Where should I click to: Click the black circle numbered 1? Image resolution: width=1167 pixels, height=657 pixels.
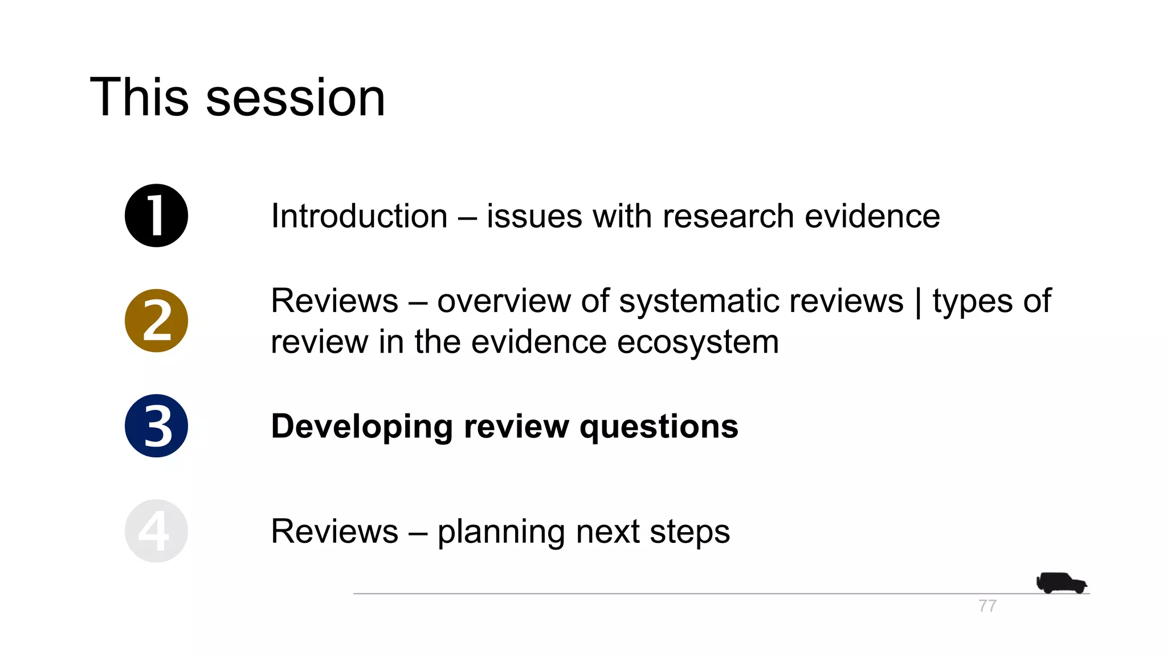pyautogui.click(x=156, y=216)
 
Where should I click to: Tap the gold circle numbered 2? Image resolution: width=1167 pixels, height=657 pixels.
pyautogui.click(x=156, y=321)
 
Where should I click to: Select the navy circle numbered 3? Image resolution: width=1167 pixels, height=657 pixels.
pyautogui.click(x=156, y=425)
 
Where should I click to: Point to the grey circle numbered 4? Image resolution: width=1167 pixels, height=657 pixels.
pyautogui.click(x=156, y=531)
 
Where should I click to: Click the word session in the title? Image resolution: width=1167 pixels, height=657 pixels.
pyautogui.click(x=295, y=98)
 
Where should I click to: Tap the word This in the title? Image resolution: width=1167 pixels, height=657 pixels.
pyautogui.click(x=140, y=98)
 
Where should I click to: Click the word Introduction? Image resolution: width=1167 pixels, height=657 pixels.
pyautogui.click(x=359, y=216)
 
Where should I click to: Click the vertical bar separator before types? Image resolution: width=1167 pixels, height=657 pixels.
pyautogui.click(x=918, y=302)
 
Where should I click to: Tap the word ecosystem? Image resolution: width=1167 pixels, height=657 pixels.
pyautogui.click(x=697, y=342)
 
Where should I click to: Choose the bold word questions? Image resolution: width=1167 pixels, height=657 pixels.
pyautogui.click(x=659, y=427)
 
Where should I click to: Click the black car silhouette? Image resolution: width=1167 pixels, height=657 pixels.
pyautogui.click(x=1061, y=583)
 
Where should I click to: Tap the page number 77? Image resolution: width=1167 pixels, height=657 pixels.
pyautogui.click(x=988, y=606)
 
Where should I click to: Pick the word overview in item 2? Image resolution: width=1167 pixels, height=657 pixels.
pyautogui.click(x=504, y=301)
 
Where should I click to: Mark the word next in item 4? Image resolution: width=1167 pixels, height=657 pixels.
pyautogui.click(x=607, y=532)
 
